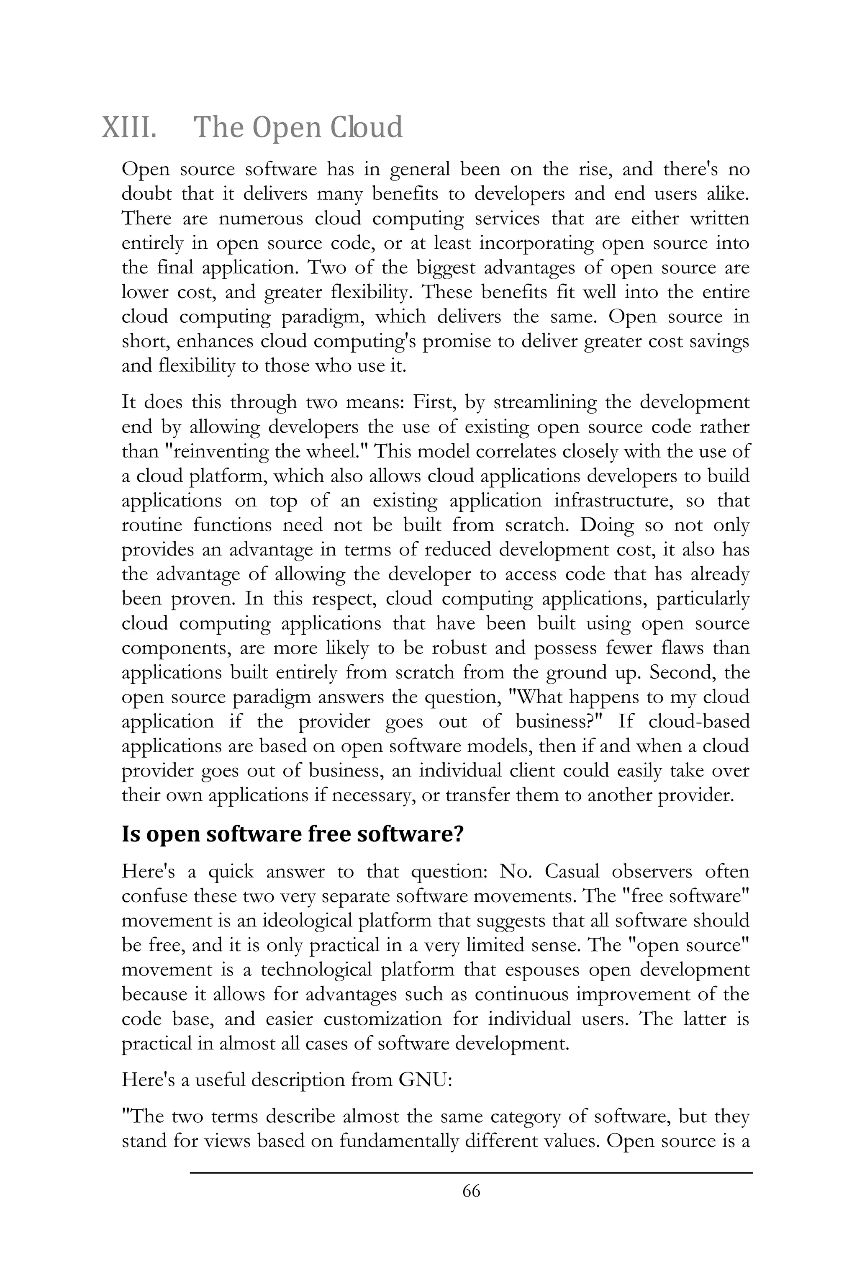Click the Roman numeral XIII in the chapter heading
129,127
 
